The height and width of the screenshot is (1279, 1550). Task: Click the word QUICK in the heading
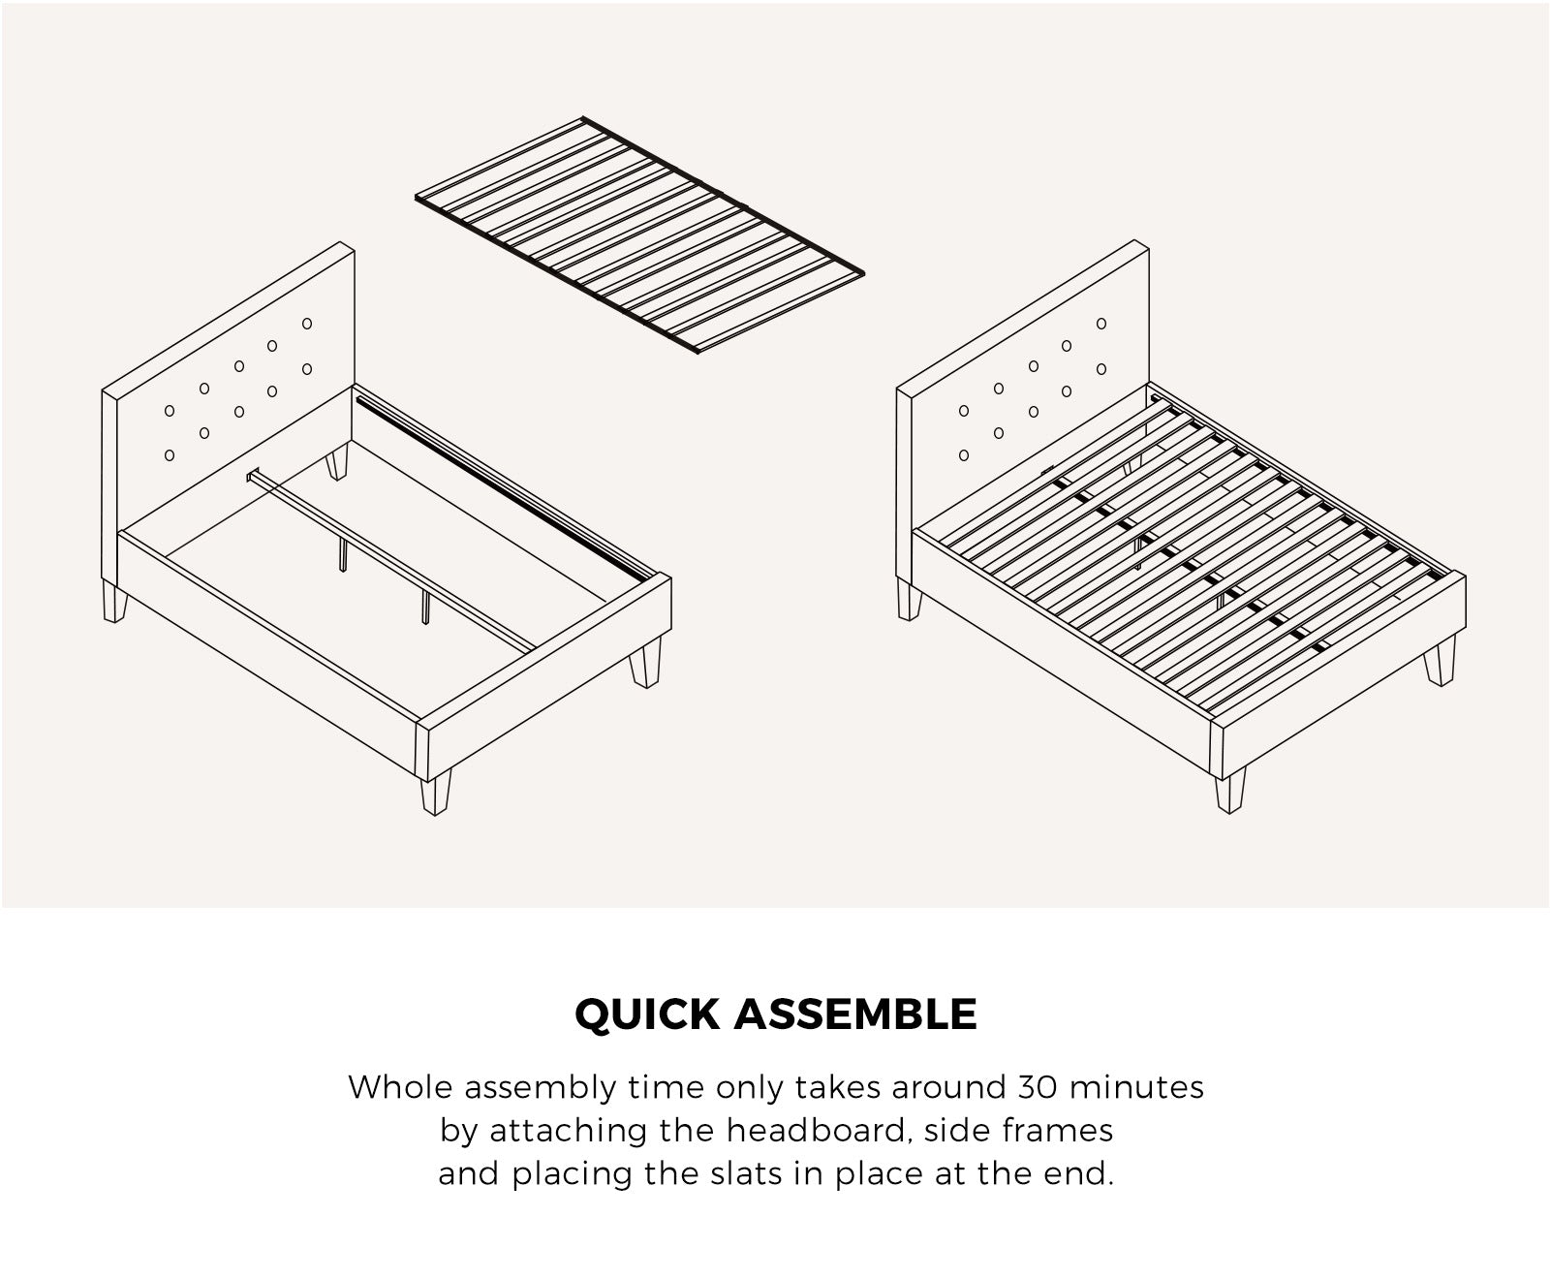[x=648, y=1014]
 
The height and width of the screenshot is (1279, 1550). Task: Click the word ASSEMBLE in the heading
[x=855, y=1014]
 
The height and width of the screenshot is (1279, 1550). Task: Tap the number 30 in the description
[x=1038, y=1087]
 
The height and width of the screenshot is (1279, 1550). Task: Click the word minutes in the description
[x=1137, y=1087]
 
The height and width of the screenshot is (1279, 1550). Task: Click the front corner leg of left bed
[x=436, y=792]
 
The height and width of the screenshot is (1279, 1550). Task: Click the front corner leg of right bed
[x=1230, y=790]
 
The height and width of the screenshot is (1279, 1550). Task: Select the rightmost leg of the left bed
[x=645, y=666]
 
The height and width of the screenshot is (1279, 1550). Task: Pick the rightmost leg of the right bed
[x=1441, y=666]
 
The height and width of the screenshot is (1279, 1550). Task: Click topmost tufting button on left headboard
[x=307, y=323]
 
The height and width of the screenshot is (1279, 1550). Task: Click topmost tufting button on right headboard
[x=1101, y=323]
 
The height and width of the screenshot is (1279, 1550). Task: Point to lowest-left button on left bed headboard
[x=170, y=454]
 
